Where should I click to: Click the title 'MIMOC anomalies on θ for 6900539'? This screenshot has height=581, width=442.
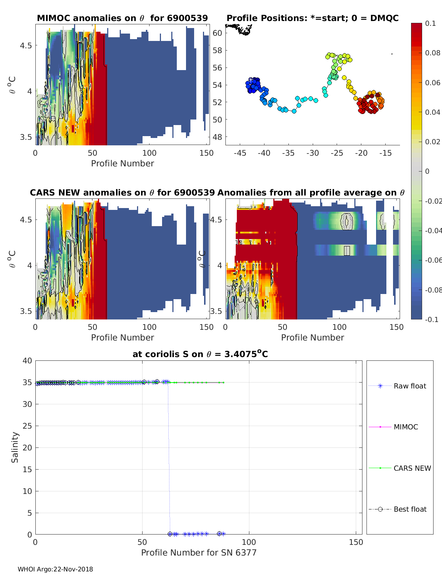(x=122, y=18)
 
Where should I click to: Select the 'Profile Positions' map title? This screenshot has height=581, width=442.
(x=312, y=18)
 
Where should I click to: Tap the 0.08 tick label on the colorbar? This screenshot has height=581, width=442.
(x=432, y=53)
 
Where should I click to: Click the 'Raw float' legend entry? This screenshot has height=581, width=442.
(x=410, y=386)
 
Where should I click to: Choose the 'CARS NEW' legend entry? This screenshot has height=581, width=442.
(x=412, y=468)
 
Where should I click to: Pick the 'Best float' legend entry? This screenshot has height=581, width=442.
(x=410, y=509)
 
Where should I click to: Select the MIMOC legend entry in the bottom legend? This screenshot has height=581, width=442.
(x=406, y=427)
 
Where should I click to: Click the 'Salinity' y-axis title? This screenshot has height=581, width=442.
(x=15, y=447)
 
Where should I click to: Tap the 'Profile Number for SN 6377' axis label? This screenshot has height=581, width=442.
(x=199, y=553)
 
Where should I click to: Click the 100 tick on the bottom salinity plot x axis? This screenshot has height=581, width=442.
(x=249, y=542)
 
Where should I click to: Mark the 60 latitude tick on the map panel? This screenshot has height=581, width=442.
(x=217, y=33)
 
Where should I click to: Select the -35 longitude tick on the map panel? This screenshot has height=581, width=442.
(x=288, y=153)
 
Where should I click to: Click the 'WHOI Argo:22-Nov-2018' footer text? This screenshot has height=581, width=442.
(x=55, y=569)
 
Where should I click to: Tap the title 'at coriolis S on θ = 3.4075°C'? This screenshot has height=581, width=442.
(x=200, y=354)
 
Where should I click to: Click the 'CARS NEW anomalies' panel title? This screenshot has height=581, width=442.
(x=122, y=193)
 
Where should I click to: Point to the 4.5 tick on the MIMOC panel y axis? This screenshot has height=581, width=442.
(x=26, y=46)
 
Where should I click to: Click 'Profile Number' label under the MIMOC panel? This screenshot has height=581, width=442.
(x=122, y=163)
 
